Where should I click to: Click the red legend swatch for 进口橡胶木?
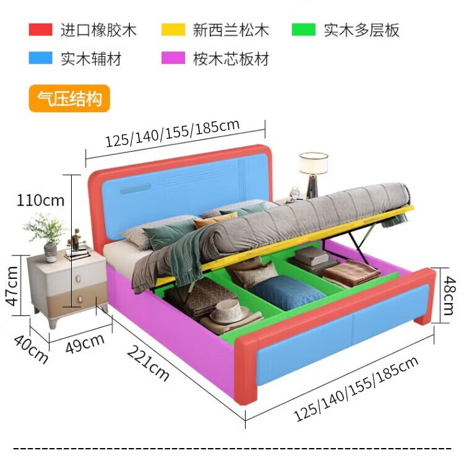tap(40, 29)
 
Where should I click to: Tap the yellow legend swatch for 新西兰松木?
tap(173, 29)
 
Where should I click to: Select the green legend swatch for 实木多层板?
tap(304, 29)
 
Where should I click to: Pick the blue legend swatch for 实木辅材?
tap(40, 58)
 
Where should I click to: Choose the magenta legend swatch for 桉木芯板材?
tap(173, 58)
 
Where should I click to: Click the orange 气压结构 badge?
tap(69, 99)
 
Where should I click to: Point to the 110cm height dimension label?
tap(40, 200)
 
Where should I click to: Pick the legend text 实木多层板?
tap(362, 29)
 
